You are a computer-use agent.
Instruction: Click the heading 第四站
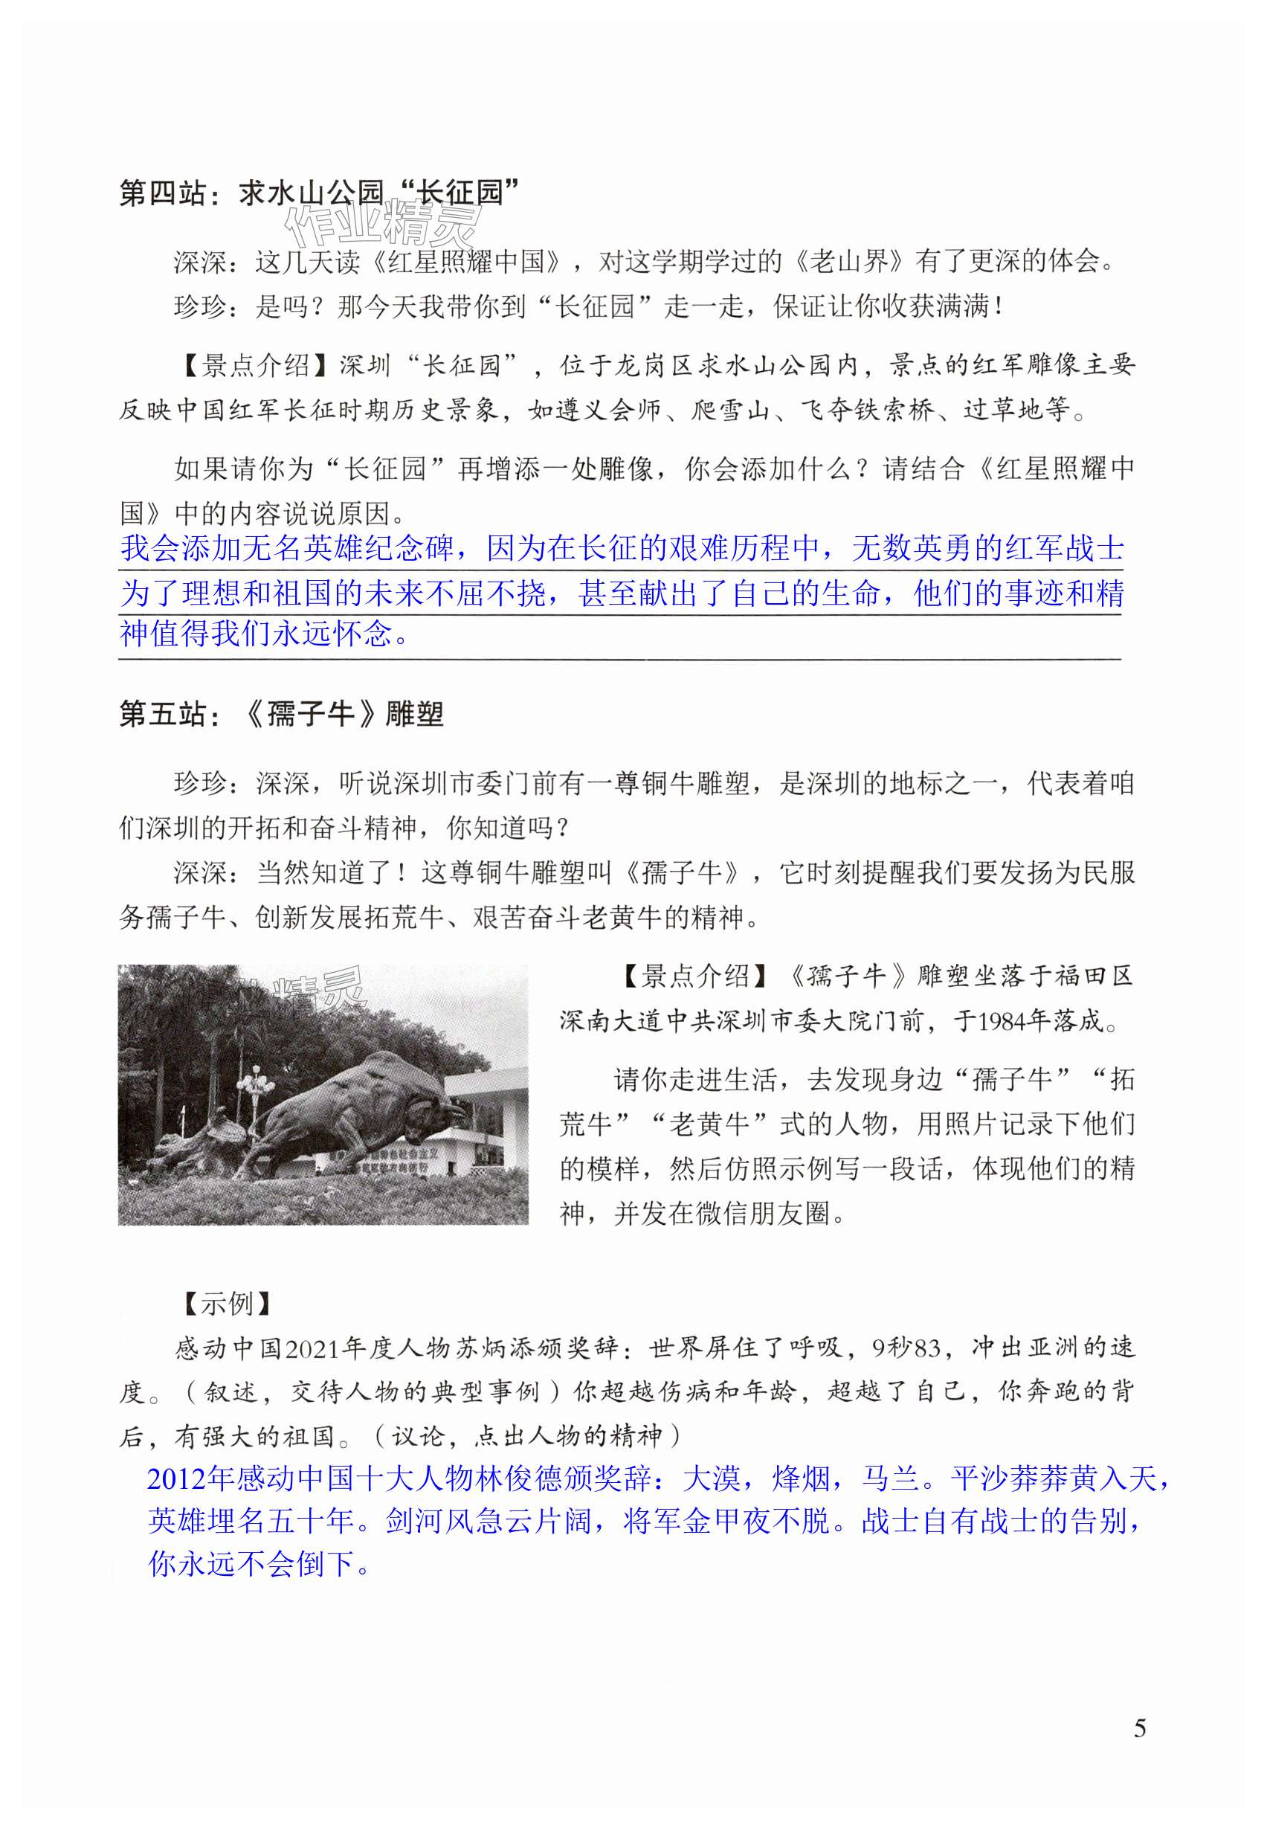[x=162, y=193]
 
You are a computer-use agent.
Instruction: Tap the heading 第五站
[x=162, y=714]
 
